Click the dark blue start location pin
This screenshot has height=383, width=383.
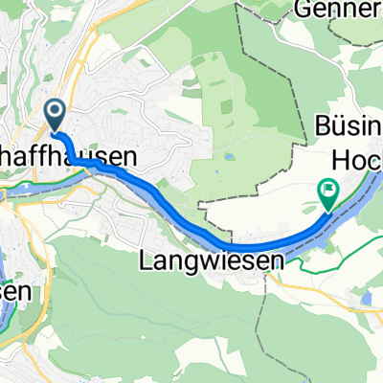coord(54,115)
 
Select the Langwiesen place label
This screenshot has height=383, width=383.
coord(213,259)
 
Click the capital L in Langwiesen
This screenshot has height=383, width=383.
coord(147,259)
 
